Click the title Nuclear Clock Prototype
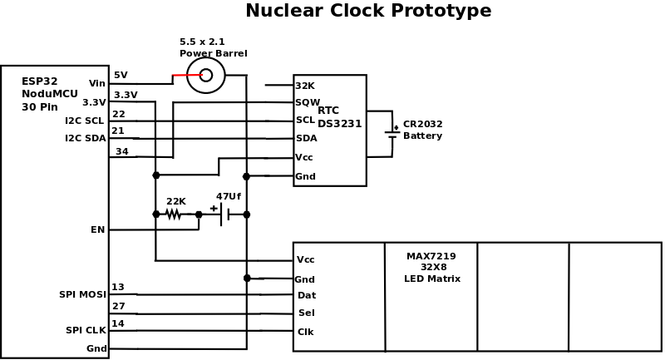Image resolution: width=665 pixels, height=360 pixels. pos(368,12)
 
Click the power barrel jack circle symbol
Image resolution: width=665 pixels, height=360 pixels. pos(206,75)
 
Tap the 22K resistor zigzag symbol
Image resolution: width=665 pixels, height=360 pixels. pos(173,215)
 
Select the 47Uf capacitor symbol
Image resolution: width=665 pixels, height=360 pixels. pos(224,215)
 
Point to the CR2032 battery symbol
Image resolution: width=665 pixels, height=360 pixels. pos(392,131)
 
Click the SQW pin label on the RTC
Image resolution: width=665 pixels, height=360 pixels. pos(307,103)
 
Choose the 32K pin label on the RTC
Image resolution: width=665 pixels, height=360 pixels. pos(305,86)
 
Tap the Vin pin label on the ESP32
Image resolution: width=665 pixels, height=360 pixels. pos(97,83)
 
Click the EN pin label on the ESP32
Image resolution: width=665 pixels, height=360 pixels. pos(98,229)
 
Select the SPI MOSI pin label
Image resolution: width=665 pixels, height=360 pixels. pos(82,294)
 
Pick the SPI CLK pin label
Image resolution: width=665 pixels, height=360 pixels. pos(86,330)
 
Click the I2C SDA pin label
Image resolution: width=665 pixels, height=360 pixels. pos(86,138)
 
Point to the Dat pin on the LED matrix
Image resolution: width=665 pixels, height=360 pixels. pos(307,295)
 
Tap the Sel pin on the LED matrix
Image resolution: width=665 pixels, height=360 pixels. pos(307,313)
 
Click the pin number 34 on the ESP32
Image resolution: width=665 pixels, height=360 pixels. pos(121,151)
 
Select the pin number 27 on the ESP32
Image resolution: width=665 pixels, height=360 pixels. pos(118,306)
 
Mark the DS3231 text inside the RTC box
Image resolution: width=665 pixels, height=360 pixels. pos(339,124)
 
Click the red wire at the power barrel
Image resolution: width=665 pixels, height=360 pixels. pos(187,75)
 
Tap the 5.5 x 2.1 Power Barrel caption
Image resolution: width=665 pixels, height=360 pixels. pos(213,47)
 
